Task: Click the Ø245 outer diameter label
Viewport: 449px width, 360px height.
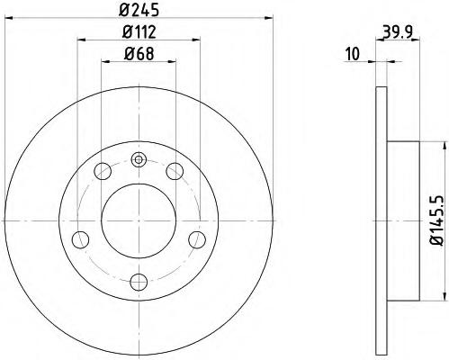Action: [x=139, y=10]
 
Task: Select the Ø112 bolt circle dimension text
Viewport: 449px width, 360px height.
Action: [x=139, y=31]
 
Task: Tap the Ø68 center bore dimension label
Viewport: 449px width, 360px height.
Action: [x=139, y=54]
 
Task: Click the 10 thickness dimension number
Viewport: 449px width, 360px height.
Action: [x=353, y=54]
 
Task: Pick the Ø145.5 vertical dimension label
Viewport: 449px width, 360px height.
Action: [x=436, y=220]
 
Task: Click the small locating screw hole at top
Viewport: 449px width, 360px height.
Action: [x=139, y=159]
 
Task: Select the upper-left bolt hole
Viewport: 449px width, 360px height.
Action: [x=103, y=171]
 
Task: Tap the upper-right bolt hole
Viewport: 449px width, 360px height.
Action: [x=175, y=171]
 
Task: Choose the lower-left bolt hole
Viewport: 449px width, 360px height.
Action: [x=81, y=239]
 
